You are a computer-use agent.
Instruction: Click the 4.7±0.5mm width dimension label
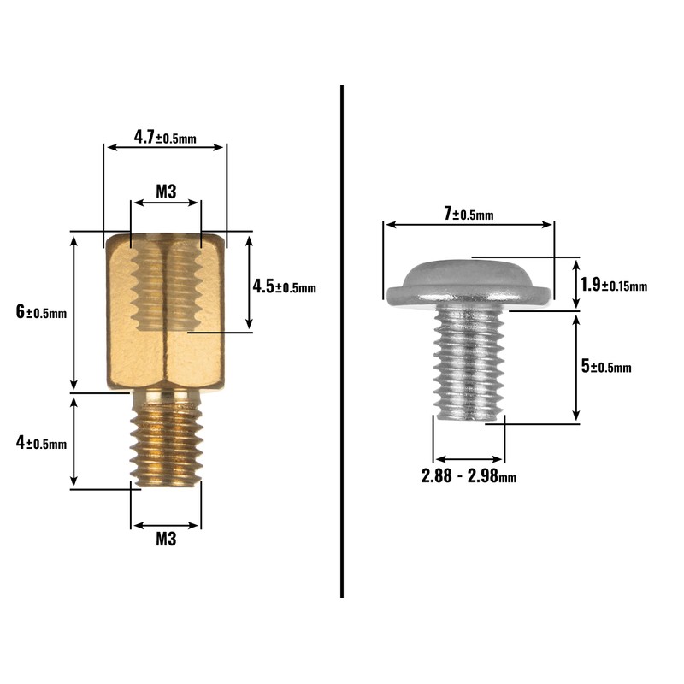pyautogui.click(x=165, y=136)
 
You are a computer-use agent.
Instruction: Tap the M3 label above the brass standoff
pyautogui.click(x=165, y=192)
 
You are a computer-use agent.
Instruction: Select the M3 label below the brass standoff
pyautogui.click(x=165, y=540)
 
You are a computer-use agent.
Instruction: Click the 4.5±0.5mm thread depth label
pyautogui.click(x=284, y=286)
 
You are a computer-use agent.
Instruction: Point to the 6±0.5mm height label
pyautogui.click(x=41, y=312)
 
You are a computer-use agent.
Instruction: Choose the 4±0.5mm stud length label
pyautogui.click(x=41, y=443)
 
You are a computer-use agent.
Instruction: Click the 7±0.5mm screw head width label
pyautogui.click(x=469, y=214)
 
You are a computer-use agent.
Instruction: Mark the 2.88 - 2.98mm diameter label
pyautogui.click(x=469, y=476)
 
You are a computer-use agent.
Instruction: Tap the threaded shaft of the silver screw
pyautogui.click(x=469, y=363)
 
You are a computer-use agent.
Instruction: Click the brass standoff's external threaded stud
pyautogui.click(x=166, y=445)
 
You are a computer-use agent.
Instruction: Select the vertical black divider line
pyautogui.click(x=342, y=342)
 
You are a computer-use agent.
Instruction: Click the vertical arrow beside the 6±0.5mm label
pyautogui.click(x=74, y=312)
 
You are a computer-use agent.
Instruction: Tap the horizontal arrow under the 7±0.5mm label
pyautogui.click(x=469, y=225)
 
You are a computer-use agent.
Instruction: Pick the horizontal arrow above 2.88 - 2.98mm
pyautogui.click(x=469, y=459)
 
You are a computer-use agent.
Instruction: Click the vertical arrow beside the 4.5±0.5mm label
pyautogui.click(x=249, y=282)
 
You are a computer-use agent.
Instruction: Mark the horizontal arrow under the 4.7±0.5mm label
pyautogui.click(x=165, y=147)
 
